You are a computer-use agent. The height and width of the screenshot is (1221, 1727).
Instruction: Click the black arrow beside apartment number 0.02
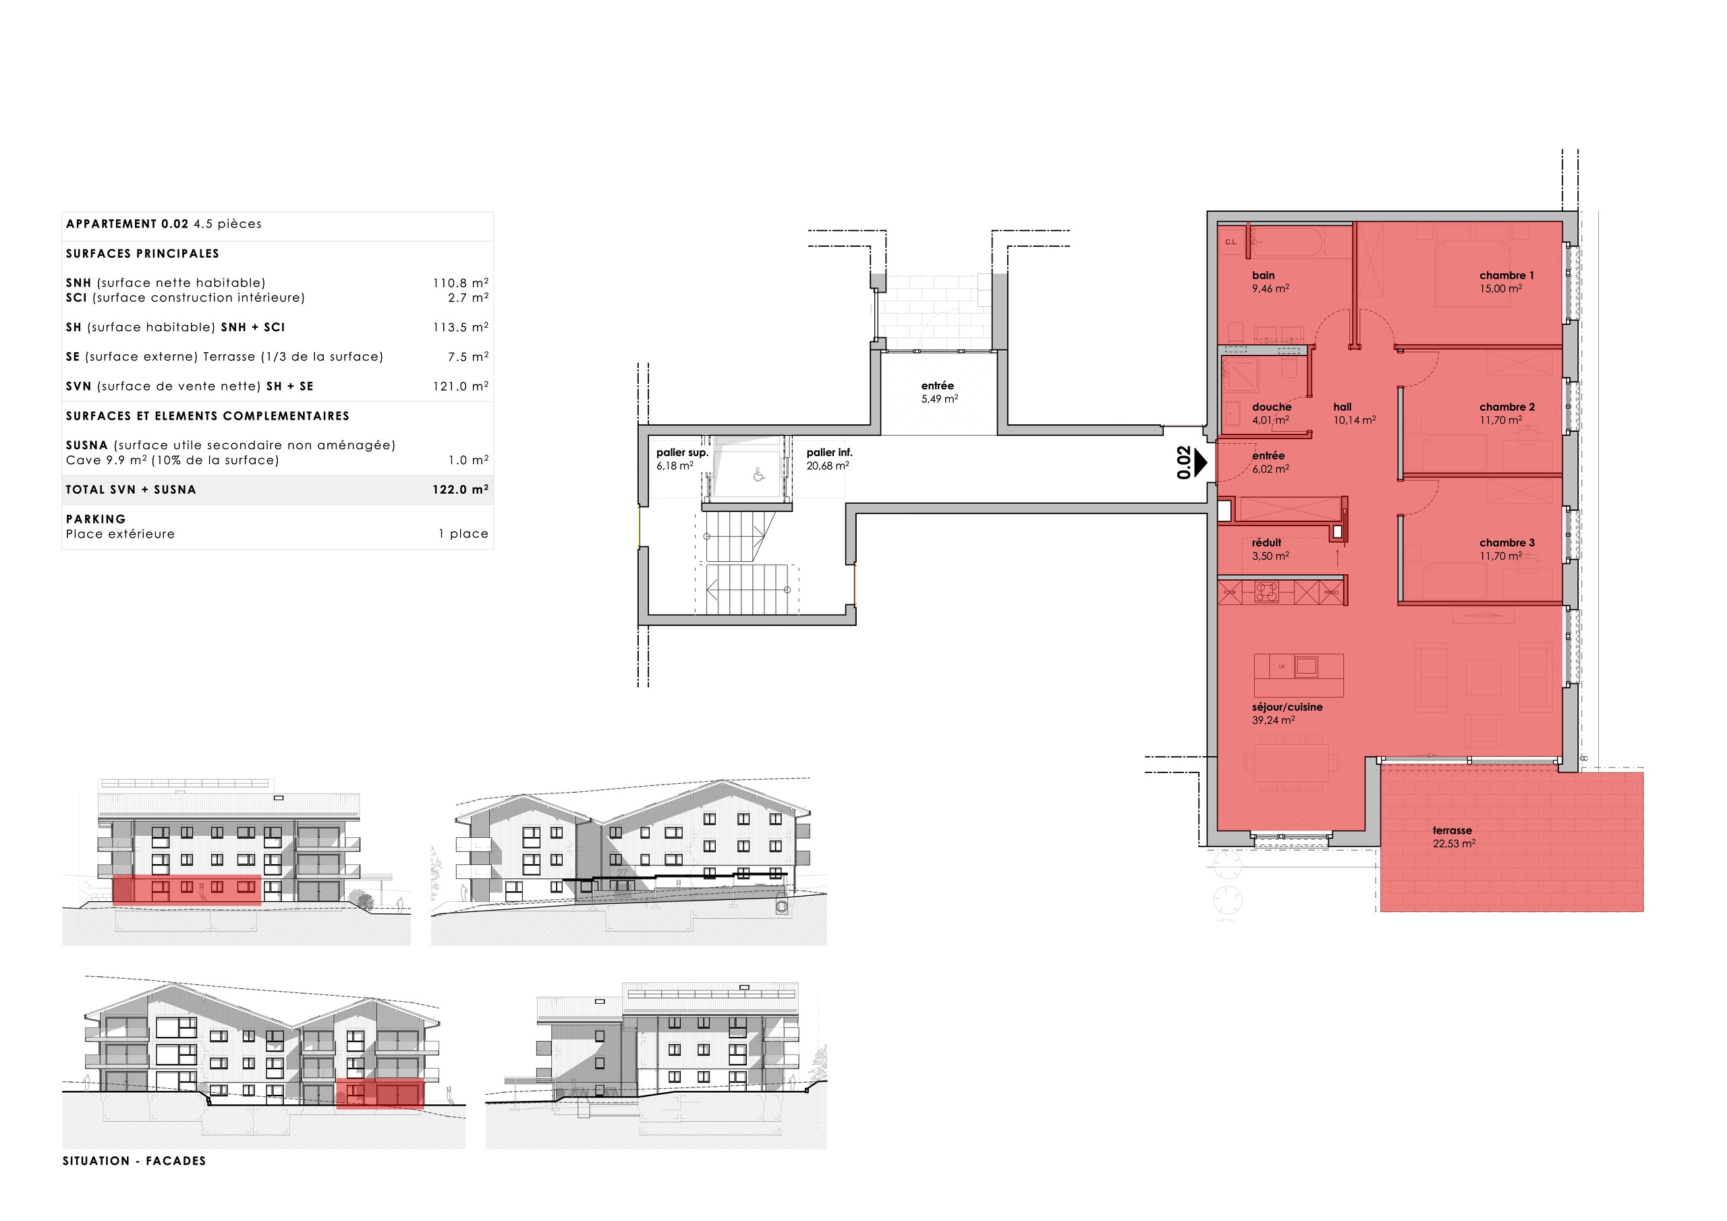tap(1201, 462)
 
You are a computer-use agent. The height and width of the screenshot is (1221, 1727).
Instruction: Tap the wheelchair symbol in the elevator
tap(758, 475)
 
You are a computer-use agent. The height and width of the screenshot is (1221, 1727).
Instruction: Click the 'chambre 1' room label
tap(1506, 275)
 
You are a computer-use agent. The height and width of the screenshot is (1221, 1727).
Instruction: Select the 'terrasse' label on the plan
tap(1452, 830)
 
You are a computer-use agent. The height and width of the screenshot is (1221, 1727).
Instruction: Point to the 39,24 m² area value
tap(1273, 720)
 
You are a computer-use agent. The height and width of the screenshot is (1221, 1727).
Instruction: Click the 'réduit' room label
tap(1267, 542)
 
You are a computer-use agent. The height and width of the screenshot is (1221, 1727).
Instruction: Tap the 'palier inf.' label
tap(829, 452)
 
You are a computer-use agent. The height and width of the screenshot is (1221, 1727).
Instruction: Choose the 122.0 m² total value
tap(459, 490)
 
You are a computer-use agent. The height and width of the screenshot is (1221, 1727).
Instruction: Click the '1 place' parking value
tap(463, 534)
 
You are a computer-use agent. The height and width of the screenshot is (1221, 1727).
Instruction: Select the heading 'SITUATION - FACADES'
tap(134, 1161)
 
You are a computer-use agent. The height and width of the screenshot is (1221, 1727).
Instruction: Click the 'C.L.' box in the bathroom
tap(1231, 242)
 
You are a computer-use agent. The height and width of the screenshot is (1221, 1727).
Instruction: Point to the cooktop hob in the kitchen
tap(1266, 592)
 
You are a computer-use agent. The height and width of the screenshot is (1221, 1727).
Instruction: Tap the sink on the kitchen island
tap(1307, 666)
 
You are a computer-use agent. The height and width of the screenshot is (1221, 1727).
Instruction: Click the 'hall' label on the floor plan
tap(1342, 407)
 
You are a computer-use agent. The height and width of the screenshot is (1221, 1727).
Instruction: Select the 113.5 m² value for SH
tap(459, 327)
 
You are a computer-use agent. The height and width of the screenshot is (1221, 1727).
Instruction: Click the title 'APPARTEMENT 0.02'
tap(127, 224)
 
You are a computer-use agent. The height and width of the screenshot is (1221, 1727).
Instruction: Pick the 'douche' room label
tap(1271, 407)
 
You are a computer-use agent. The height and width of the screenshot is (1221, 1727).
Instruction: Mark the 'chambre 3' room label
tap(1506, 542)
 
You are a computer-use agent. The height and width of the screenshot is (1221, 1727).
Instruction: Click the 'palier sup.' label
tap(682, 452)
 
